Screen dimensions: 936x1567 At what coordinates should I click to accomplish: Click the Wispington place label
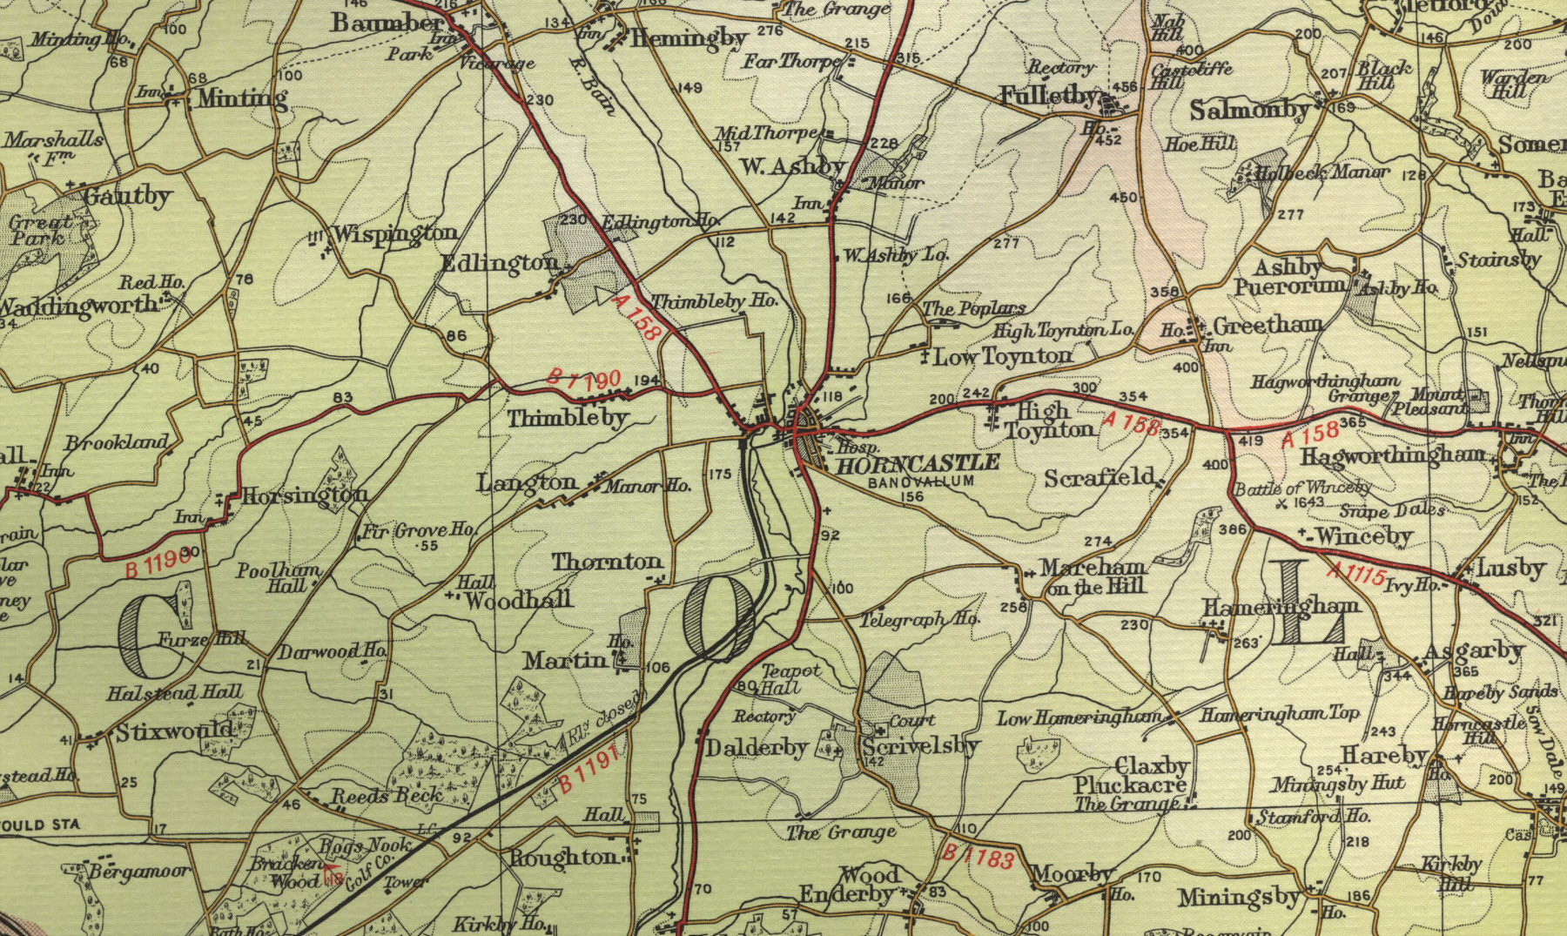394,233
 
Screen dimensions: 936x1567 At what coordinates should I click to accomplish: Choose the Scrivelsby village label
921,746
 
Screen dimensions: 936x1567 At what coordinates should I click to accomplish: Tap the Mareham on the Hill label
1094,576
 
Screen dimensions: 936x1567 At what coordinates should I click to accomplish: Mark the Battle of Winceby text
1302,488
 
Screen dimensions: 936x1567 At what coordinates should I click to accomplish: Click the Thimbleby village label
568,419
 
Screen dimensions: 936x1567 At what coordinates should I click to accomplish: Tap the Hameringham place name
1281,606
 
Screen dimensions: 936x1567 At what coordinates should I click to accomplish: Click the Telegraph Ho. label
919,619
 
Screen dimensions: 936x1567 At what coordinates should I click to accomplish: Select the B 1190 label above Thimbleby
583,378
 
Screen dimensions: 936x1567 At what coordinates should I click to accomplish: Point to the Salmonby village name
1250,111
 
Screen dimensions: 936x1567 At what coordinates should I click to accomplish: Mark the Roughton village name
563,858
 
